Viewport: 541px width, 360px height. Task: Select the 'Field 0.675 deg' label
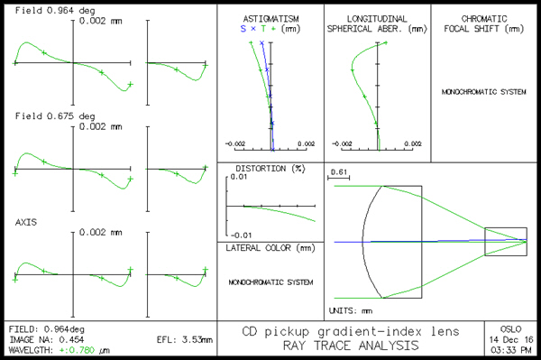[42, 116]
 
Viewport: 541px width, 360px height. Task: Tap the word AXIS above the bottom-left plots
[27, 221]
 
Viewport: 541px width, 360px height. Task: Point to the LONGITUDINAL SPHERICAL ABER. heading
[378, 23]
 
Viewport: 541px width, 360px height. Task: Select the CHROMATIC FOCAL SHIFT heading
[484, 23]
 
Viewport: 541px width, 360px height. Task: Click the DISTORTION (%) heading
[270, 169]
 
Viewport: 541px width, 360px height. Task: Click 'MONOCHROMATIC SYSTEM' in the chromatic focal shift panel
[484, 92]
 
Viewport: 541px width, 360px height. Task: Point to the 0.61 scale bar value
[339, 171]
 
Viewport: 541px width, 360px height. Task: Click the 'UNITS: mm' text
[350, 310]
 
